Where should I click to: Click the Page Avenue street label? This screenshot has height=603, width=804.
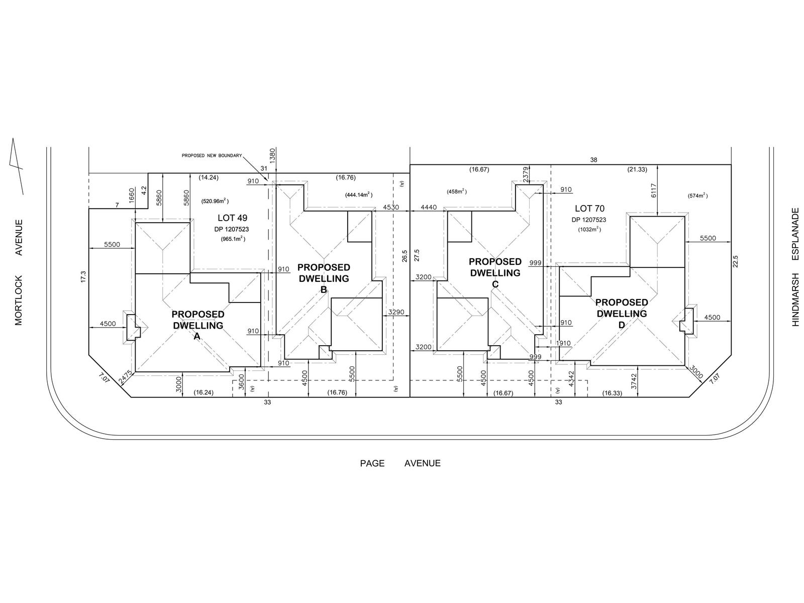point(400,463)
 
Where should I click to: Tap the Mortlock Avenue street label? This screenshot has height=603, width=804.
point(19,272)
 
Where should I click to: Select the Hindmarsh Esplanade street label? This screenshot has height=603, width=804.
point(795,267)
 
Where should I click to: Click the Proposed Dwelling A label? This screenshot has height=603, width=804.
point(198,325)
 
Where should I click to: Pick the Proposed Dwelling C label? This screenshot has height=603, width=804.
point(495,273)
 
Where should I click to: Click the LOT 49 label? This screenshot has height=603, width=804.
point(232,218)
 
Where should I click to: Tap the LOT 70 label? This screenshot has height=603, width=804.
point(589,209)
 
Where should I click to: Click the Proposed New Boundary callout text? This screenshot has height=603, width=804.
point(212,156)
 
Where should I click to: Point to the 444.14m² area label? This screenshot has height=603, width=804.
point(358,194)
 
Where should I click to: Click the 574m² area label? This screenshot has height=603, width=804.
point(698,195)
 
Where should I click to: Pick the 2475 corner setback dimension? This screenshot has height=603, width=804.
point(126,378)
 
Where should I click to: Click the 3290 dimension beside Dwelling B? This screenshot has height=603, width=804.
point(396,313)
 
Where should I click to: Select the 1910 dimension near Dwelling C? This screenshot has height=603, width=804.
point(563,343)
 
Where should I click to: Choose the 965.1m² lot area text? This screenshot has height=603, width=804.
point(232,239)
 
